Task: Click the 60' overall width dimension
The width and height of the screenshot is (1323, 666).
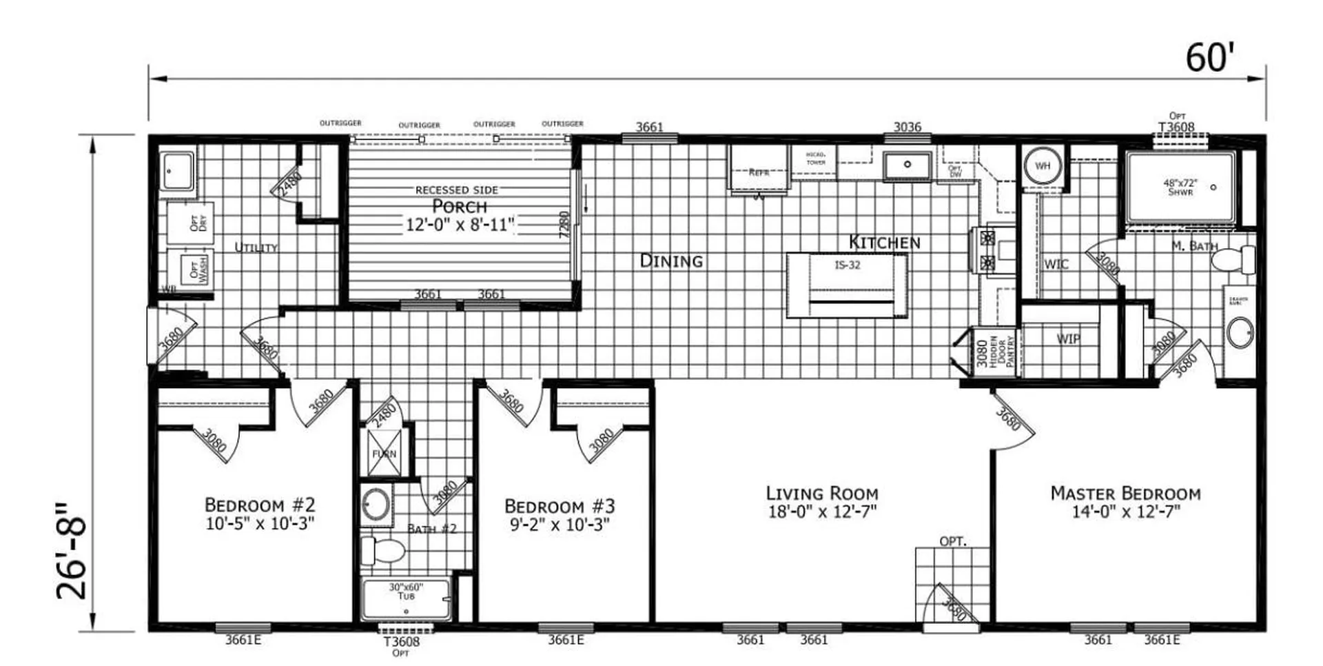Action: [x=1207, y=58]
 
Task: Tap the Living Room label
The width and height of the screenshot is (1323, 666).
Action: [x=822, y=494]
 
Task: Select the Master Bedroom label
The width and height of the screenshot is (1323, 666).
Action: [x=1125, y=494]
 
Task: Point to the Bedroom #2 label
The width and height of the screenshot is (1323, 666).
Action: [x=260, y=505]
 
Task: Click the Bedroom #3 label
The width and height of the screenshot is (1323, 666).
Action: [x=560, y=506]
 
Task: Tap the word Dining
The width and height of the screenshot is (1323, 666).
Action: [x=671, y=261]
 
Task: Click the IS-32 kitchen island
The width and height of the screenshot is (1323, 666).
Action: [x=847, y=284]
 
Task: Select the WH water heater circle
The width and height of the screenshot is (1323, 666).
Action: [x=1043, y=166]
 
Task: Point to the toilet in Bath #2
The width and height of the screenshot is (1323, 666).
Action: [x=384, y=551]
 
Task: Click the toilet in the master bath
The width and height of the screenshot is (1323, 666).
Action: [x=1233, y=260]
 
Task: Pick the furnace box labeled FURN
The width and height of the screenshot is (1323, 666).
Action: [x=384, y=453]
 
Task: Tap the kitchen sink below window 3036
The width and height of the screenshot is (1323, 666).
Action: [x=907, y=165]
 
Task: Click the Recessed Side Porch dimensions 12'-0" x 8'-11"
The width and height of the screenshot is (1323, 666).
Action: [x=460, y=224]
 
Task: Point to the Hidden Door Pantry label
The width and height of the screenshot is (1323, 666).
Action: [x=1002, y=352]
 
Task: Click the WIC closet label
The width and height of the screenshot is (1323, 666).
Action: [x=1056, y=264]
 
